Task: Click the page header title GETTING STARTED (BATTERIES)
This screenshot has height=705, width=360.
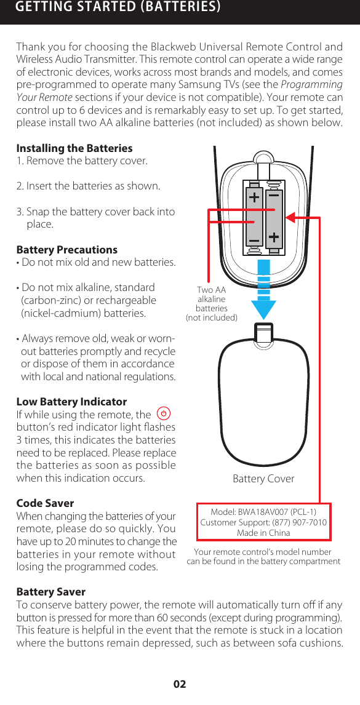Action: pyautogui.click(x=118, y=7)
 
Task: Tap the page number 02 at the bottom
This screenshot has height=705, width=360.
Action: pyautogui.click(x=180, y=684)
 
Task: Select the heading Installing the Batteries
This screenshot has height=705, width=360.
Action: pyautogui.click(x=74, y=148)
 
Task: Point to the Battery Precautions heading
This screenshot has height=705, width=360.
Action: pyautogui.click(x=66, y=250)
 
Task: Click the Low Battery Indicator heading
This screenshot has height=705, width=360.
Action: pyautogui.click(x=71, y=402)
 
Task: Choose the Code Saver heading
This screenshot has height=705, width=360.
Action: pyautogui.click(x=45, y=503)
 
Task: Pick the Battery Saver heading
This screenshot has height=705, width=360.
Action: pyautogui.click(x=50, y=592)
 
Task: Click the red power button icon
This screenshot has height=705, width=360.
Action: pyautogui.click(x=164, y=415)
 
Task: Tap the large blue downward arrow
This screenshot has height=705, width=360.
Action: pyautogui.click(x=263, y=289)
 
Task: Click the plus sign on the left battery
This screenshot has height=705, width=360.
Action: pyautogui.click(x=254, y=197)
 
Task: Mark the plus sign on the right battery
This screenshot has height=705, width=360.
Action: pyautogui.click(x=274, y=237)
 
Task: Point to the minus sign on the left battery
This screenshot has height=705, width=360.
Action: pyautogui.click(x=254, y=239)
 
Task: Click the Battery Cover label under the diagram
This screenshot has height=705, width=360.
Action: pyautogui.click(x=263, y=479)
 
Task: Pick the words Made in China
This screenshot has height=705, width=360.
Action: pyautogui.click(x=263, y=533)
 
